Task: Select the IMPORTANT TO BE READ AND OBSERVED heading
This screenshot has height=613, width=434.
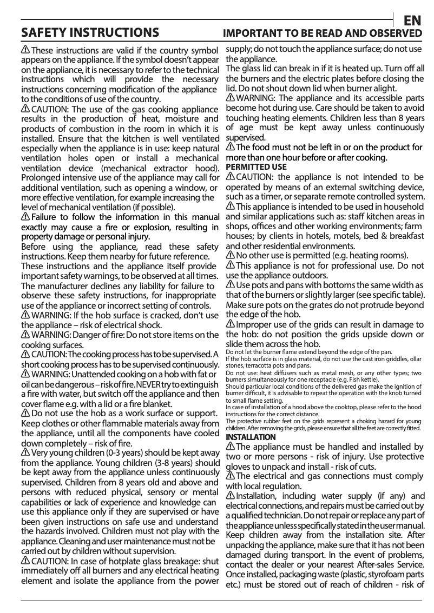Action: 323,34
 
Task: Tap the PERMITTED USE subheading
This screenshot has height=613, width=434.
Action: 256,167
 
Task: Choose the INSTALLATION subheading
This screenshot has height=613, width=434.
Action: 250,436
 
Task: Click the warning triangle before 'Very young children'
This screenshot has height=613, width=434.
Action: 25,451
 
